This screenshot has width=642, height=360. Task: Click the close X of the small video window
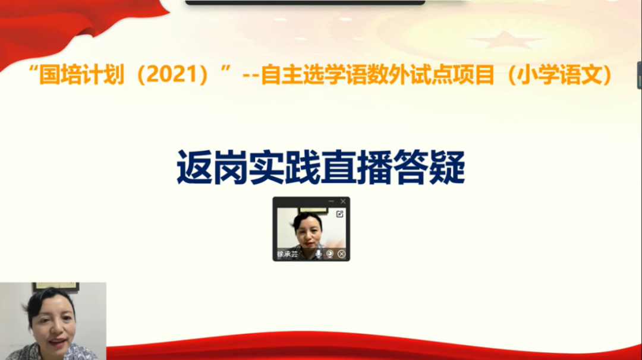tap(343, 201)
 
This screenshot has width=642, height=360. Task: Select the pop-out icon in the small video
tap(340, 214)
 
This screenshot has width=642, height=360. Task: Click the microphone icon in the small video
tap(319, 254)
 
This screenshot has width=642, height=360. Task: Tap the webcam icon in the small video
tap(330, 254)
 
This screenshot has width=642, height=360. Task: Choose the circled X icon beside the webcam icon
tap(341, 254)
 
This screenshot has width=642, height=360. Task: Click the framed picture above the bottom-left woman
tap(55, 286)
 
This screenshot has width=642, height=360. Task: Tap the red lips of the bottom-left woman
tap(58, 342)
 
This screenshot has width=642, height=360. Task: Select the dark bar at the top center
tap(305, 2)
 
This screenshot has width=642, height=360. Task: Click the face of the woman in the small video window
tap(308, 233)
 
